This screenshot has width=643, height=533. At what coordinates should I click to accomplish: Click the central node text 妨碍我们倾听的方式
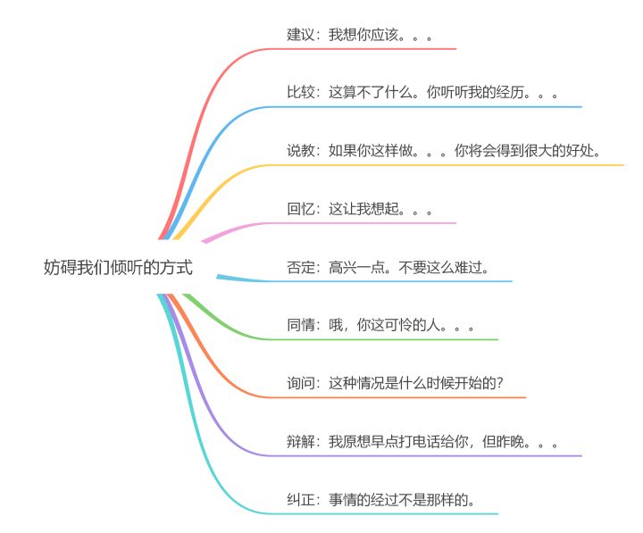pos(117,267)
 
